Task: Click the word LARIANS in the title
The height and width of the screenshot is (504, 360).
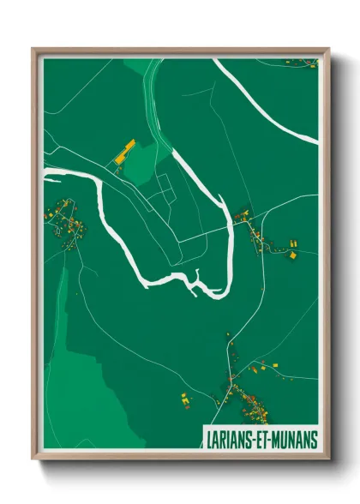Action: (x=231, y=438)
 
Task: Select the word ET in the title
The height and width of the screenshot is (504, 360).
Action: (x=266, y=438)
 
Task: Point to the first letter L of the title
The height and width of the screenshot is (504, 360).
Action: (x=208, y=438)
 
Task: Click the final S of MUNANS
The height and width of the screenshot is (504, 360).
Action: (x=314, y=438)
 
